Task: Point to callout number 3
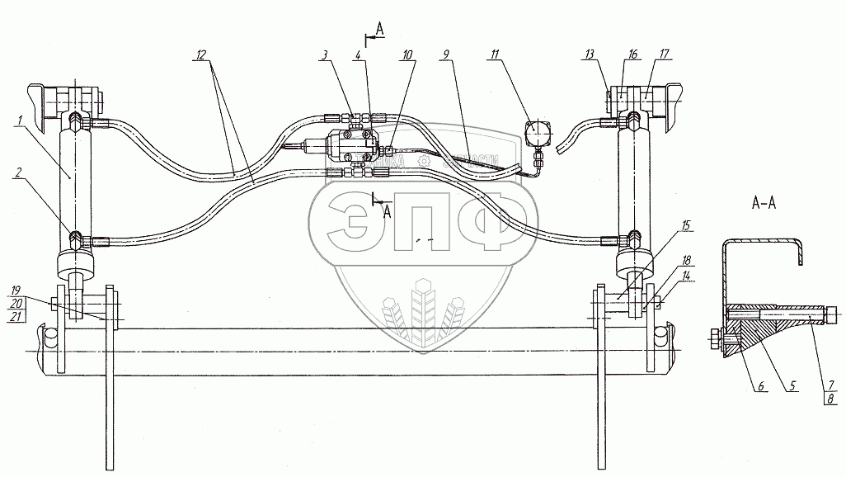pos(326,55)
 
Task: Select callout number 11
pos(495,55)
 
